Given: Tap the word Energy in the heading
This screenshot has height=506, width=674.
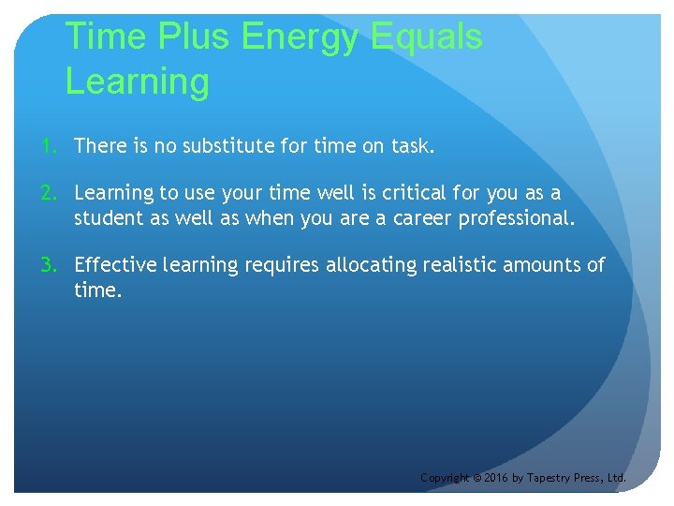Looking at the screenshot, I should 300,37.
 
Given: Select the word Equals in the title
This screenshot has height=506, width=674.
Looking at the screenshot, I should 427,37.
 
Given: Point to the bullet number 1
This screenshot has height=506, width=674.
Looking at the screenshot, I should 47,146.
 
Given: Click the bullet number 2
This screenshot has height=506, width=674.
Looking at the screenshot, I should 47,193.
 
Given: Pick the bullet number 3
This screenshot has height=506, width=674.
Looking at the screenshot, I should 47,265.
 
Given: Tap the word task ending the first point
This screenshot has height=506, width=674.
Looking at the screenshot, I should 411,146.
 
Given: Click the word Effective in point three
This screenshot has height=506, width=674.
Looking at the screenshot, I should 115,265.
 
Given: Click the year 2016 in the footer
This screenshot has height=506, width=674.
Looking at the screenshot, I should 497,478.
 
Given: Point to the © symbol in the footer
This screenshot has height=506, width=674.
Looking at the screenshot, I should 476,478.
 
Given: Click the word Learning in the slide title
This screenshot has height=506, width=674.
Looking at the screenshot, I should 138,82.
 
